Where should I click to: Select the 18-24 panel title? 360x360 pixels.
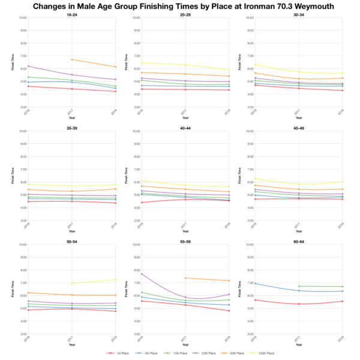click(71, 14)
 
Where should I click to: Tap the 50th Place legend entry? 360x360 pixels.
click(232, 353)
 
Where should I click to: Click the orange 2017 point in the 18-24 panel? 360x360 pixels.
click(71, 59)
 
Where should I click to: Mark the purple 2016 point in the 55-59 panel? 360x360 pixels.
click(140, 274)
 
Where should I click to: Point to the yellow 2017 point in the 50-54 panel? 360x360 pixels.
click(71, 283)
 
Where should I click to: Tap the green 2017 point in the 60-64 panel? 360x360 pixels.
click(298, 286)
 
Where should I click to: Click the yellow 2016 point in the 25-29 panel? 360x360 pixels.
click(140, 62)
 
